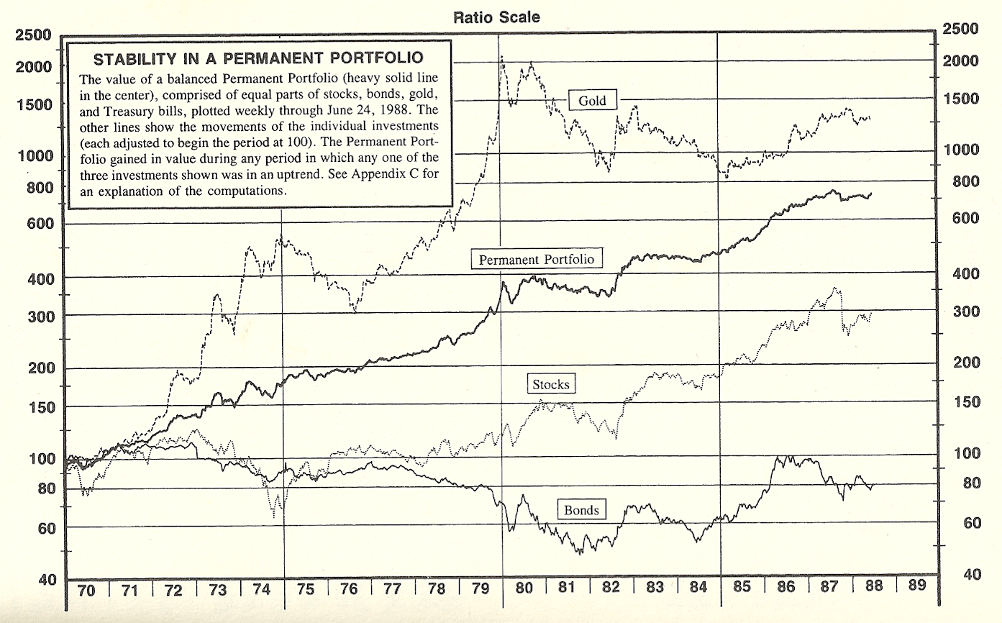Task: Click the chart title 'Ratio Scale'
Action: [496, 17]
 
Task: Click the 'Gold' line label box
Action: [592, 101]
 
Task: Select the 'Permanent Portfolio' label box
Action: [537, 259]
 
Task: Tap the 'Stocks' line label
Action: [550, 384]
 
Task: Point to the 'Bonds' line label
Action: [580, 510]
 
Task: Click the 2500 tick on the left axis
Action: [32, 35]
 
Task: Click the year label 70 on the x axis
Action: [86, 590]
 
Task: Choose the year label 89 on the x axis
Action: [916, 586]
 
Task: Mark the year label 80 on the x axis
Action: [524, 588]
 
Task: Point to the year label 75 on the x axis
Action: [305, 590]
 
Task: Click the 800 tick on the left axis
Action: [36, 188]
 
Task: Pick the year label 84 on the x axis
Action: [698, 588]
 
